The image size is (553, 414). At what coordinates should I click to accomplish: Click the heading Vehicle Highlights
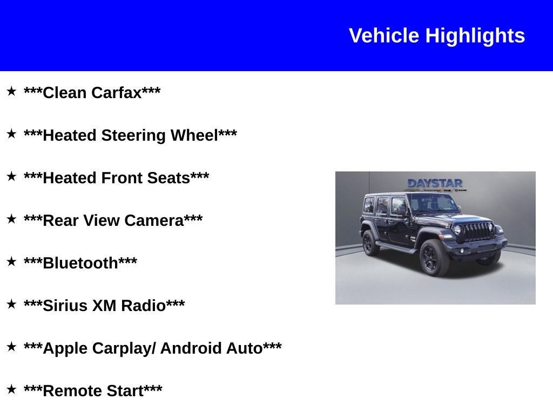click(x=436, y=36)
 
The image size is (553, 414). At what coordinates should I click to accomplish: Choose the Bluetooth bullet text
click(x=80, y=263)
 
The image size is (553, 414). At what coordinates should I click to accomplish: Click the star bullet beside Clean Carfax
click(x=11, y=91)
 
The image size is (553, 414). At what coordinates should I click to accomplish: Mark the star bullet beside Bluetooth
click(x=11, y=261)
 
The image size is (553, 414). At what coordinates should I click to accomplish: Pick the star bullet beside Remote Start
click(x=11, y=389)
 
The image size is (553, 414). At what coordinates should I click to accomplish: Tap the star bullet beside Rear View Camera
click(x=11, y=219)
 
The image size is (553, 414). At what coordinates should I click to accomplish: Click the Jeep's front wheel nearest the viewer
click(x=434, y=257)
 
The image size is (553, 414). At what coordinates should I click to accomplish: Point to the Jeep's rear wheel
click(x=370, y=243)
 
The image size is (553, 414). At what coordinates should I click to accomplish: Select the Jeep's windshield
click(x=435, y=203)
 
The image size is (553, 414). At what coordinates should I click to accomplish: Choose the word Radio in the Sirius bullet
click(x=143, y=306)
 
